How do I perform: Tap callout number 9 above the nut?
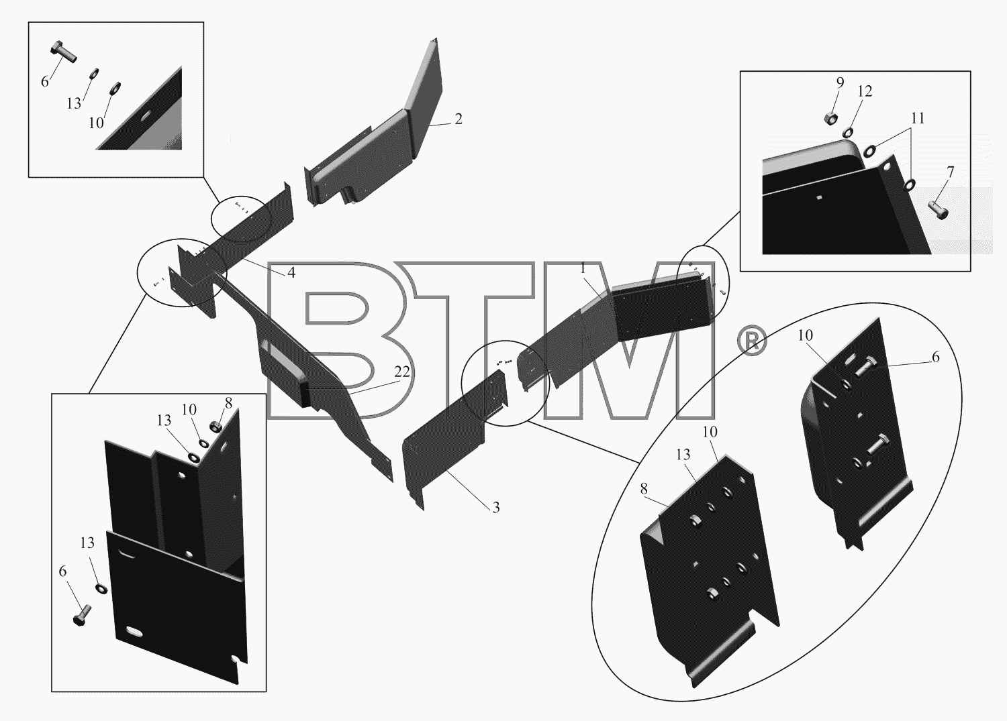click(840, 82)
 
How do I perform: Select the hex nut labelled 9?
click(830, 119)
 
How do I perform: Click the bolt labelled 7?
click(937, 209)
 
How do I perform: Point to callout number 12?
click(865, 91)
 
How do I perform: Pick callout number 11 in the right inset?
click(918, 118)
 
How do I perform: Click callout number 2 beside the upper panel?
click(458, 119)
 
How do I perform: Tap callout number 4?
click(291, 272)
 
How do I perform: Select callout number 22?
click(402, 372)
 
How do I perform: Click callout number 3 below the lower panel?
click(496, 507)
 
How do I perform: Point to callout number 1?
click(583, 269)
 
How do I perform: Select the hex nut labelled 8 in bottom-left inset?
click(215, 425)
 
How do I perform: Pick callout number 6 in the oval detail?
click(936, 357)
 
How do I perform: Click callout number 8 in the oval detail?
click(644, 489)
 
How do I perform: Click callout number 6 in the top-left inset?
click(45, 82)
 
